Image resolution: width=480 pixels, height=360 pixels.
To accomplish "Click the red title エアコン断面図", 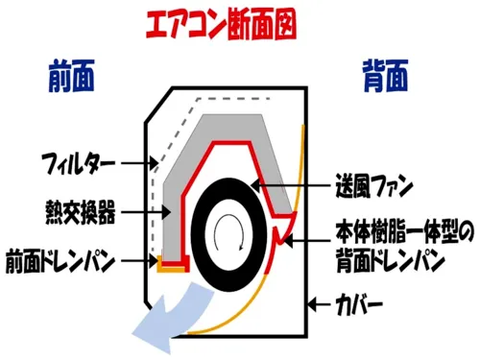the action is point(221,25).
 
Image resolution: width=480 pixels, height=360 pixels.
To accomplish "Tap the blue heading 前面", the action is point(72,76).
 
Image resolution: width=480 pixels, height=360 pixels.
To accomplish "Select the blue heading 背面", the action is point(385,76).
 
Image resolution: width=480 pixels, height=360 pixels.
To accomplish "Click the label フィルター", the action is point(79,163).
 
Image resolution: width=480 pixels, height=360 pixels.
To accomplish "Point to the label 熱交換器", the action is point(81,212).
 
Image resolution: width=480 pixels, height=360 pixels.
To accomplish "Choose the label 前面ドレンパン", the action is point(60,261).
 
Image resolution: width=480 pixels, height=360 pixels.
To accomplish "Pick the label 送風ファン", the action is point(374,185).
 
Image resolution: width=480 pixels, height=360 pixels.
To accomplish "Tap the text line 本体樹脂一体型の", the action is point(404,232).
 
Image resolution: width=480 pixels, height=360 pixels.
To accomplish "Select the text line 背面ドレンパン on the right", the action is point(391,260).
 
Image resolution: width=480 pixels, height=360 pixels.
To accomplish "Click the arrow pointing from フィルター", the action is point(139,163).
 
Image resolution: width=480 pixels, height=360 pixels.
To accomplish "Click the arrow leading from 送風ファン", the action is point(290,185).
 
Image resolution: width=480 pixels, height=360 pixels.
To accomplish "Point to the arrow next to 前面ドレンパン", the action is point(139,261).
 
